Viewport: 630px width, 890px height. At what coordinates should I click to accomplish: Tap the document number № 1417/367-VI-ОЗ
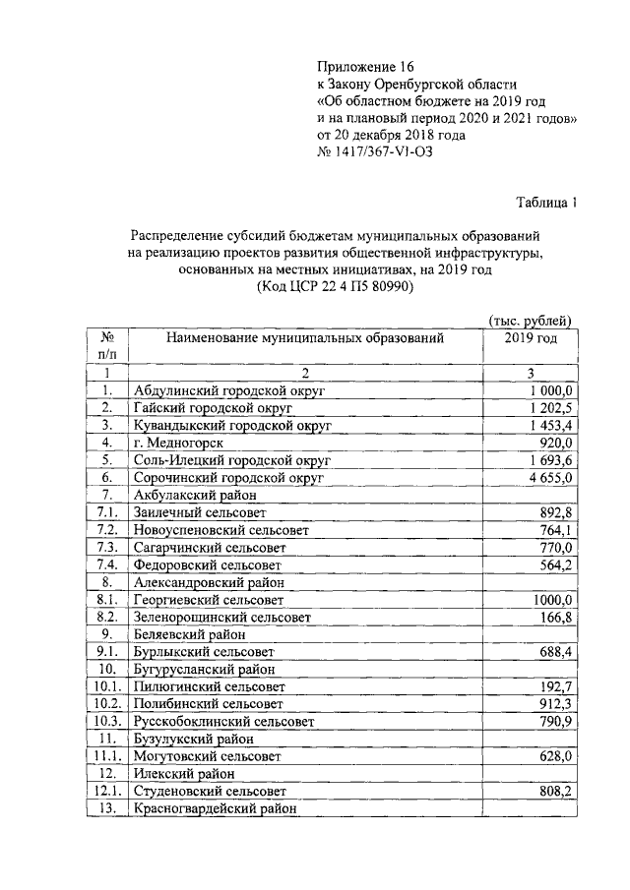tap(375, 152)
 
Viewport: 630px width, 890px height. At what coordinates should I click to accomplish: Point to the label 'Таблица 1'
tap(547, 203)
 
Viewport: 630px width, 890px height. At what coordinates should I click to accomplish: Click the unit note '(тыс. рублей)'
tap(531, 320)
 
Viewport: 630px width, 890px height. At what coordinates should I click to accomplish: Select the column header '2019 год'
tap(531, 338)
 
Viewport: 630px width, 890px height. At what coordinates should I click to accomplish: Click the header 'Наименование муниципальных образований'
tap(305, 338)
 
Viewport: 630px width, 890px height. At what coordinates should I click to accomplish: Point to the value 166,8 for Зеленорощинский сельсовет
tap(556, 617)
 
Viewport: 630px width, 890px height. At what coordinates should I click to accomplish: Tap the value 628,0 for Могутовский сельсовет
tap(556, 756)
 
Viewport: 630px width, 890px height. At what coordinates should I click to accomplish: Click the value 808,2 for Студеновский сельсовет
tap(556, 792)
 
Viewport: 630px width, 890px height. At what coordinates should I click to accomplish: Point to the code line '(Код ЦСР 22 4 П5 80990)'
tap(334, 286)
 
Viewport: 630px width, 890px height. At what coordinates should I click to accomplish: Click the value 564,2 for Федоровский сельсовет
tap(556, 565)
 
